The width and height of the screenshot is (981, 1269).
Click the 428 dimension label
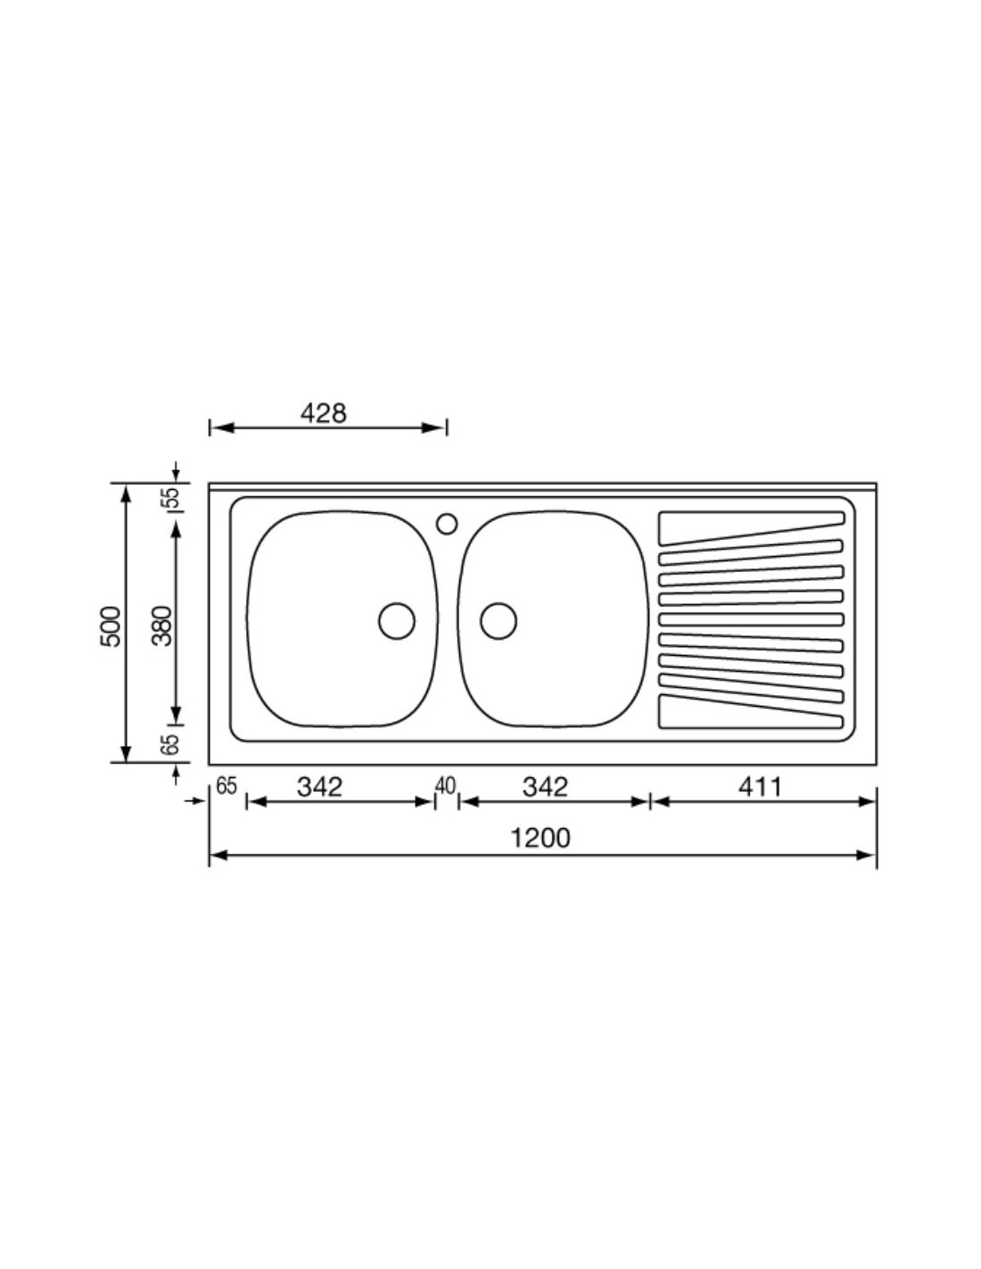coord(324,413)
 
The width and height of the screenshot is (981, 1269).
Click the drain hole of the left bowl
coord(397,621)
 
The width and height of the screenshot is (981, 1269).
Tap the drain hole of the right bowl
coord(499,621)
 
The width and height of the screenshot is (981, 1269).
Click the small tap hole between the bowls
coord(447,523)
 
